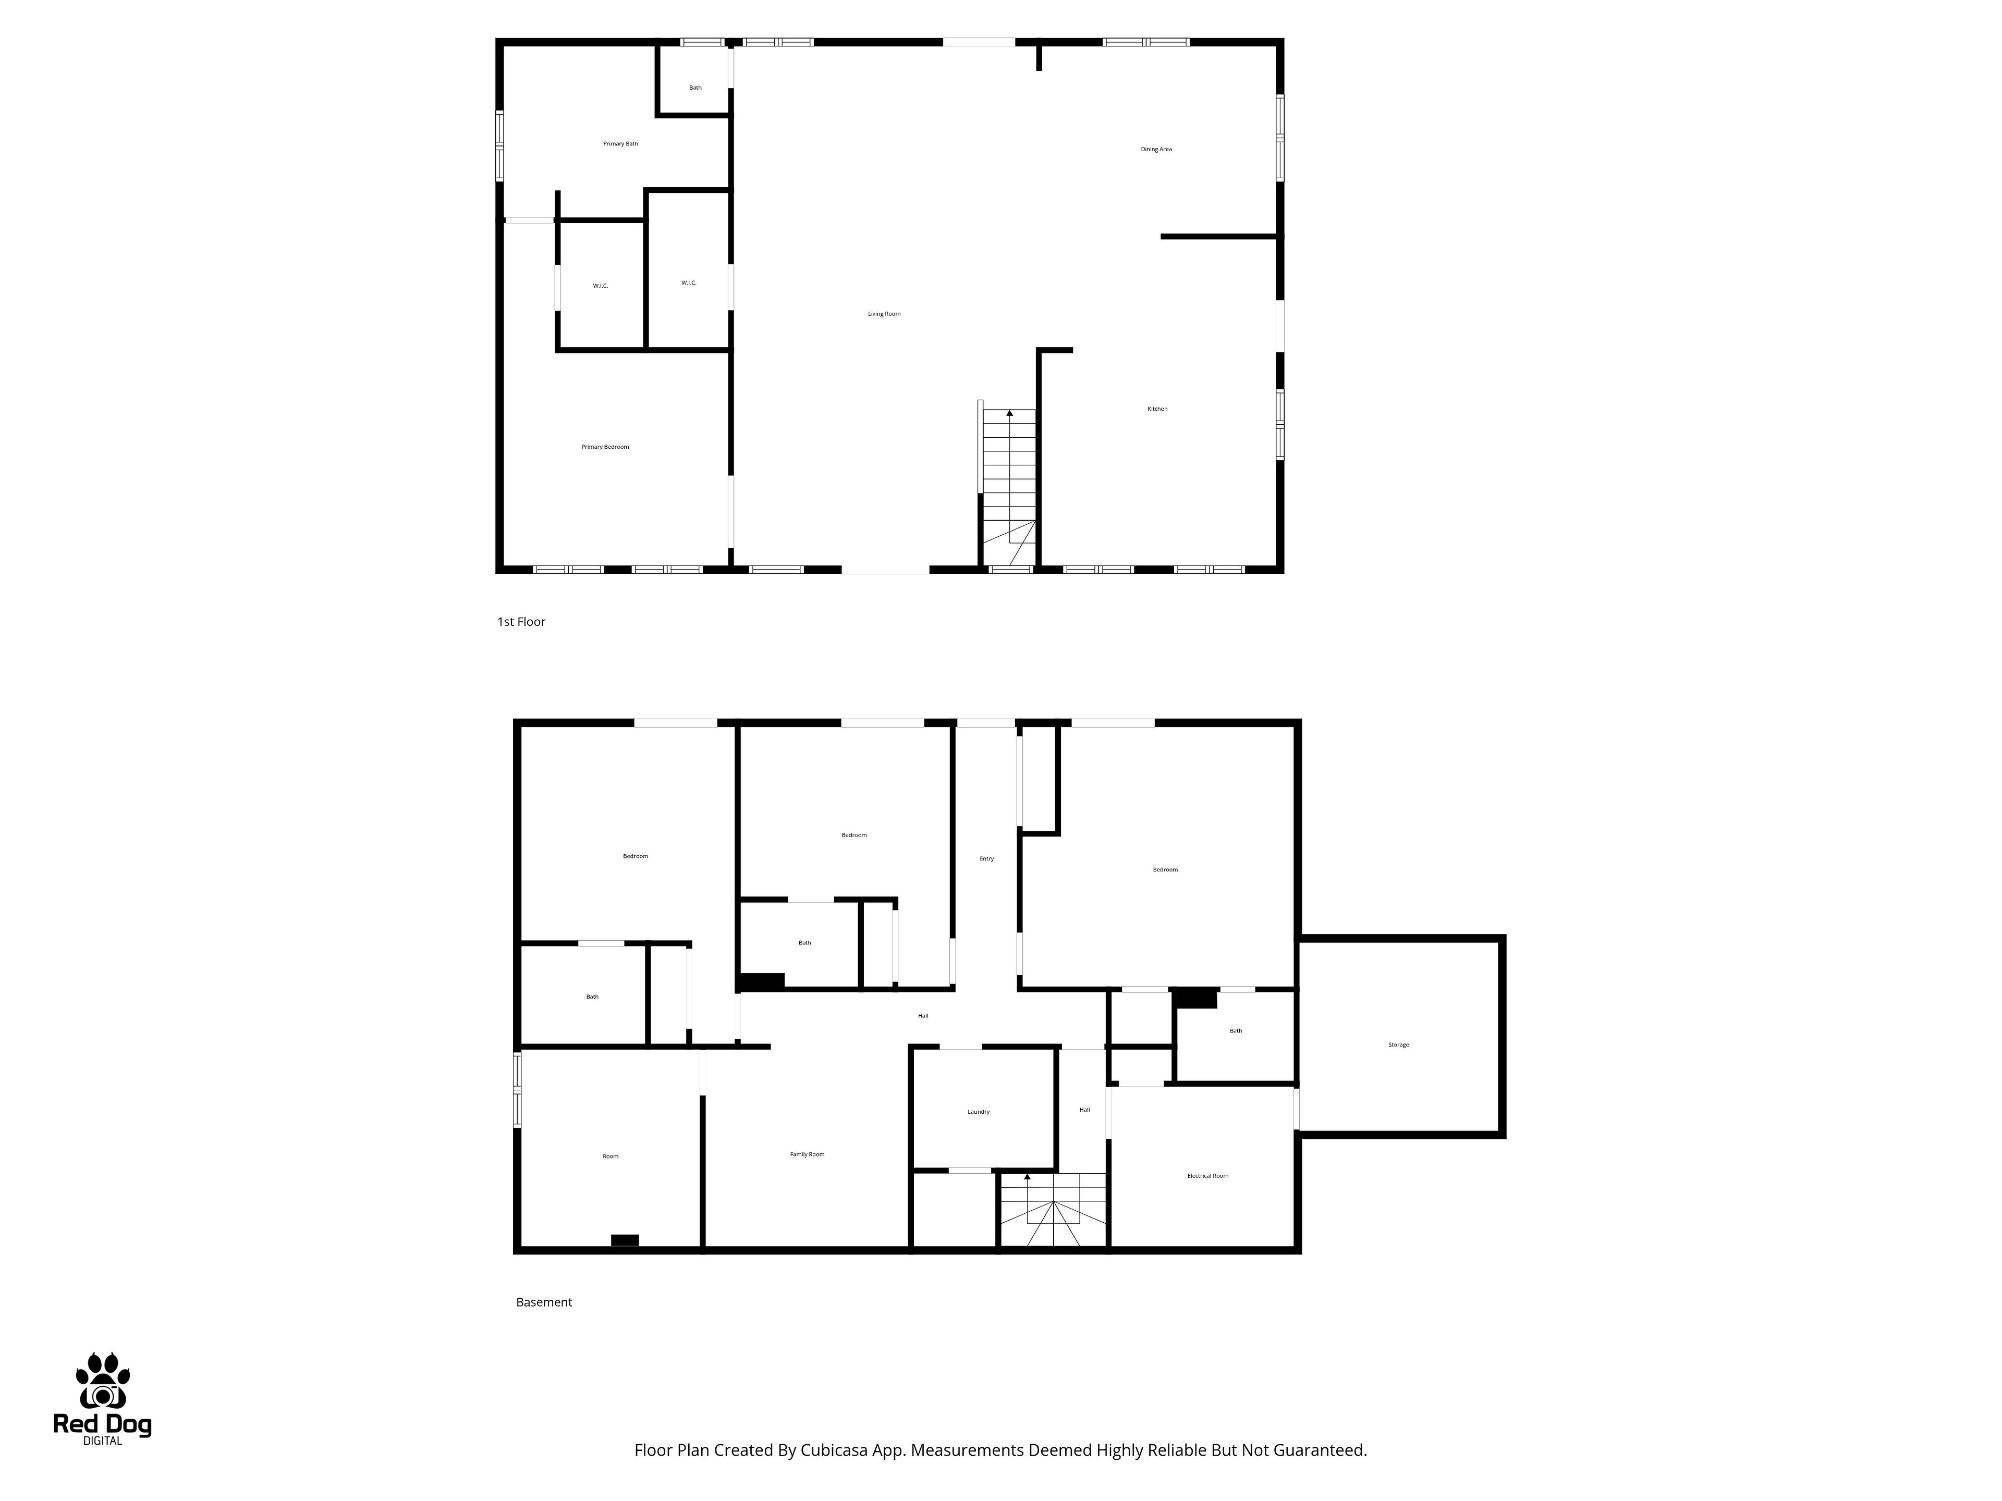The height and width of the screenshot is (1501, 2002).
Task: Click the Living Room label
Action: pyautogui.click(x=884, y=314)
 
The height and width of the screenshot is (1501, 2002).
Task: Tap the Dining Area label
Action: pyautogui.click(x=1156, y=149)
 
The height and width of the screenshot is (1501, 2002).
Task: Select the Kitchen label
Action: pyautogui.click(x=1157, y=409)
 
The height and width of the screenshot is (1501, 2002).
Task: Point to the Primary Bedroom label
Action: pyautogui.click(x=605, y=447)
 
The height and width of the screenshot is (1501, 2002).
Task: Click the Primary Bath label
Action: pyautogui.click(x=621, y=144)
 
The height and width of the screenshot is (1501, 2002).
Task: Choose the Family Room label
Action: pyautogui.click(x=807, y=1154)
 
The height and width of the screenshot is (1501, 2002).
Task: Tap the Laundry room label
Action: pyautogui.click(x=979, y=1112)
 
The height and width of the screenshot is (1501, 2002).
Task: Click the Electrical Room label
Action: pyautogui.click(x=1208, y=1176)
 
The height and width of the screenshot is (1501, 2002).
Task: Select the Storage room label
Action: pyautogui.click(x=1398, y=1045)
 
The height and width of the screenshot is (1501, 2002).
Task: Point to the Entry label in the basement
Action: pyautogui.click(x=986, y=858)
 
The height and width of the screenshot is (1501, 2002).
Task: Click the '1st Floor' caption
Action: pyautogui.click(x=521, y=622)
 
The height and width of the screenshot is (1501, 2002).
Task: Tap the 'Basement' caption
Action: pyautogui.click(x=544, y=1302)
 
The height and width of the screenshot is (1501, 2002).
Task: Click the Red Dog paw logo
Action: pyautogui.click(x=102, y=1382)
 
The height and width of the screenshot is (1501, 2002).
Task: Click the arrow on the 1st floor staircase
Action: pyautogui.click(x=1010, y=413)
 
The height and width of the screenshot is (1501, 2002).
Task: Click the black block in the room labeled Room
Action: pyautogui.click(x=625, y=1240)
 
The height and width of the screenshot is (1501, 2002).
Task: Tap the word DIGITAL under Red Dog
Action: pyautogui.click(x=102, y=1441)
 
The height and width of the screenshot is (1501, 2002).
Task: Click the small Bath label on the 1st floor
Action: pyautogui.click(x=695, y=88)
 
